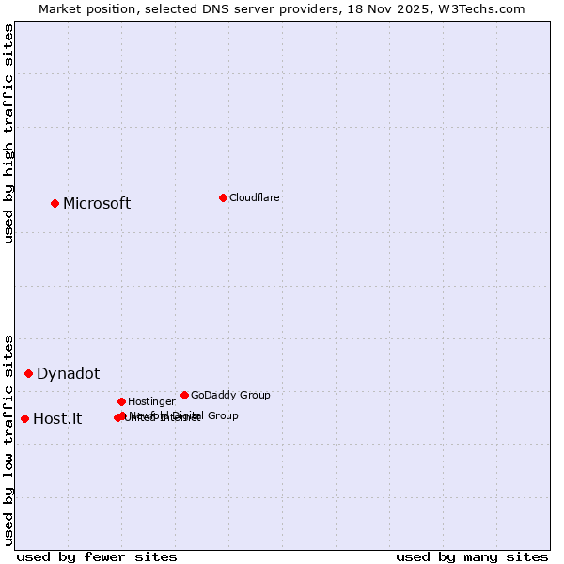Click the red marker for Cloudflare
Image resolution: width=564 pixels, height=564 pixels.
coord(223,197)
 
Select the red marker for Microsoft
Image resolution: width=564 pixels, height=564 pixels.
coord(55,203)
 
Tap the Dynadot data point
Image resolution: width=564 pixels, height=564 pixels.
coord(28,373)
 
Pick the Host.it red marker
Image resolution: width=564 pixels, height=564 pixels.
coord(24,418)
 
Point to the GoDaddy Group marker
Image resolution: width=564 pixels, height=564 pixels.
coord(184,395)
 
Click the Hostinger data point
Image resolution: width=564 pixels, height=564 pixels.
coord(121,401)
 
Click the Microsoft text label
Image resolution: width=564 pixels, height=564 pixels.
coord(97,204)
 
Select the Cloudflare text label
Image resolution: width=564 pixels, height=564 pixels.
coord(254,197)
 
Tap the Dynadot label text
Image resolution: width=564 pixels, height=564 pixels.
coord(68,374)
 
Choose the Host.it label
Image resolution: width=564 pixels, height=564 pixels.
coord(57,419)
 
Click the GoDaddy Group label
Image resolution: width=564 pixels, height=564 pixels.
coord(230,395)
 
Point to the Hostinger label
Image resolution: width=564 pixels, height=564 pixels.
coord(151,401)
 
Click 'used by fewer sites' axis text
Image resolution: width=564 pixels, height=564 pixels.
coord(97,556)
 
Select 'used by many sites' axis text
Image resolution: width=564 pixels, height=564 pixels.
coord(472,556)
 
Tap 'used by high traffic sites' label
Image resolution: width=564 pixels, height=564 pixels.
coord(8,133)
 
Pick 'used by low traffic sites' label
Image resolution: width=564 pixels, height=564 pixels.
coord(8,439)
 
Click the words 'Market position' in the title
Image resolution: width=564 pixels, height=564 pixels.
coord(82,8)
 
